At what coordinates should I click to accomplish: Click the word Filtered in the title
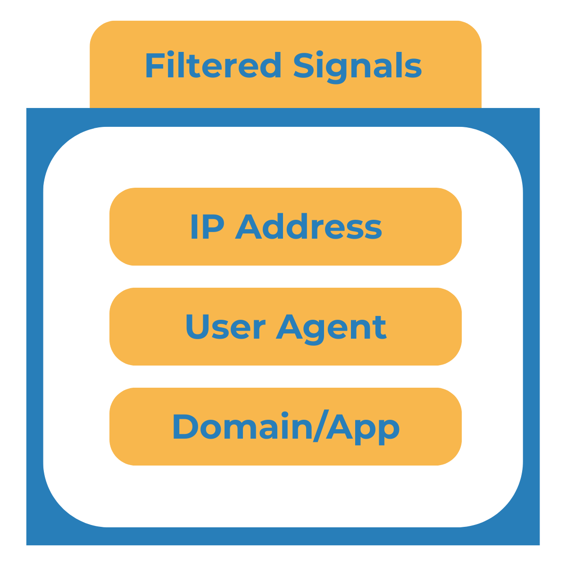(213, 66)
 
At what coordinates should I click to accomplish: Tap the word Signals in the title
(357, 66)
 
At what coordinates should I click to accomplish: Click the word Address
(308, 227)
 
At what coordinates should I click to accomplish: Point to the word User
(225, 326)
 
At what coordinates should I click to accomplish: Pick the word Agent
(331, 327)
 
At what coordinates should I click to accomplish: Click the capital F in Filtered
(154, 66)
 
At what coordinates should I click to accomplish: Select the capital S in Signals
(304, 66)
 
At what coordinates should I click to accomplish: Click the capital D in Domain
(185, 427)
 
